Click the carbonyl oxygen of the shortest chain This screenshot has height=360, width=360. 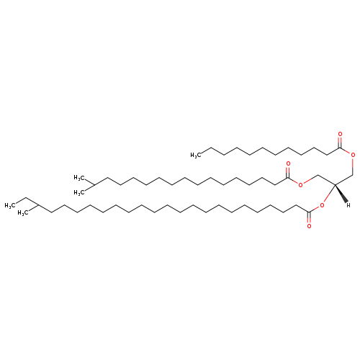(340, 134)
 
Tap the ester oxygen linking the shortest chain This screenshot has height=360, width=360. (353, 155)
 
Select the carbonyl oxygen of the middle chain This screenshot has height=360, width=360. (288, 164)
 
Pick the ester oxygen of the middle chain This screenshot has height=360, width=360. (300, 184)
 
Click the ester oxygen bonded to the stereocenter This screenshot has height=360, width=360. (322, 205)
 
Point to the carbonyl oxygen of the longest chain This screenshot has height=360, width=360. (309, 226)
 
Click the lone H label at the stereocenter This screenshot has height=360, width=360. (348, 205)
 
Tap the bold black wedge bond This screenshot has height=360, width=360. (341, 194)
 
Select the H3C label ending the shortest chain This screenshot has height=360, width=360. (195, 156)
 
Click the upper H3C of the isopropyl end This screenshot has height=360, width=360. (78, 178)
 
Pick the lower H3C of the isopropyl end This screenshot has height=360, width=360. (78, 193)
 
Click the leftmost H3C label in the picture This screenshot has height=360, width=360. (9, 206)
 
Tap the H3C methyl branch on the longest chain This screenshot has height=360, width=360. (22, 213)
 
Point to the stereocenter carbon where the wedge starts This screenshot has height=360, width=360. (335, 185)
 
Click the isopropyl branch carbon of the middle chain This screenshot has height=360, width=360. (94, 185)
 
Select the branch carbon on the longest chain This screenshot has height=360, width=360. (38, 205)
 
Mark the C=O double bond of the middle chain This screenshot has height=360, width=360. (288, 172)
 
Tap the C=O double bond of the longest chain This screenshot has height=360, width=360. (309, 217)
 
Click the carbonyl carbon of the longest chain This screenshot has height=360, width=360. (309, 212)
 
